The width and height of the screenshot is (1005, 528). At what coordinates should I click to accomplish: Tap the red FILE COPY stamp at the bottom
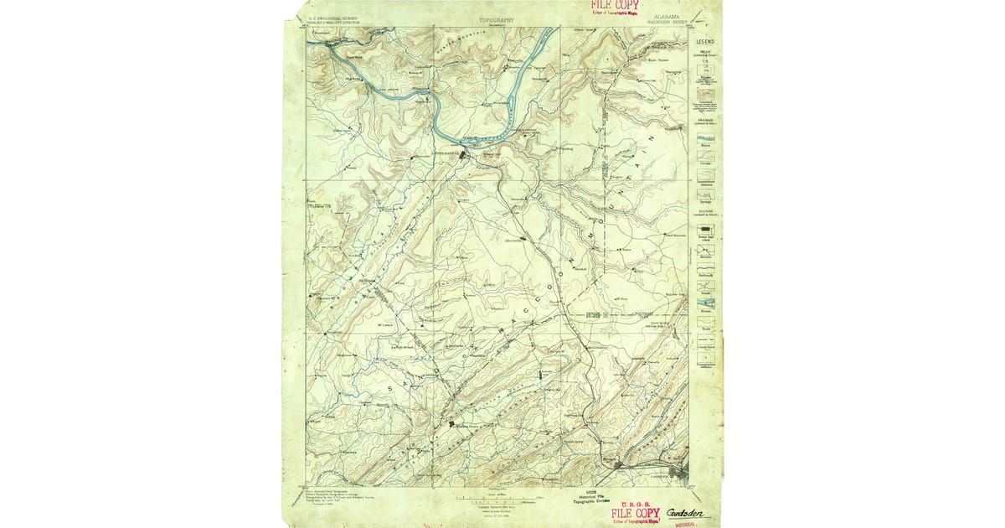pyautogui.click(x=636, y=514)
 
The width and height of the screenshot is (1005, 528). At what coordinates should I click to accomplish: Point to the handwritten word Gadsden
pyautogui.click(x=686, y=513)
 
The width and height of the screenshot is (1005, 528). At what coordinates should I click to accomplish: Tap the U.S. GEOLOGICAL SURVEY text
pyautogui.click(x=330, y=18)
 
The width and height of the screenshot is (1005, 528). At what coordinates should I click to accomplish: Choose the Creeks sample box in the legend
pyautogui.click(x=706, y=159)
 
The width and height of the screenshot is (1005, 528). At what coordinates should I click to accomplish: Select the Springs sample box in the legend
pyautogui.click(x=706, y=194)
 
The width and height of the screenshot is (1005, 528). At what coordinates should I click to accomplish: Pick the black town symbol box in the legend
pyautogui.click(x=706, y=229)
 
